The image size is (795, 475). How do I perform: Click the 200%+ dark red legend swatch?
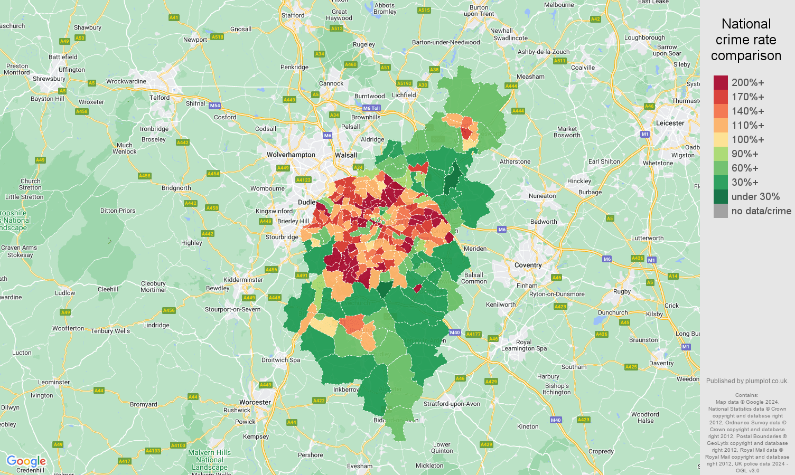click(721, 83)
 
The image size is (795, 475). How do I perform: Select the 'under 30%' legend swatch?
click(721, 197)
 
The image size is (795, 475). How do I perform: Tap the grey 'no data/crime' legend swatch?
click(721, 211)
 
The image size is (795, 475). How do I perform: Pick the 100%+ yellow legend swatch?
click(721, 140)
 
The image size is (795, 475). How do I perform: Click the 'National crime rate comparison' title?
click(746, 40)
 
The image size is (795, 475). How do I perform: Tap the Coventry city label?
click(528, 265)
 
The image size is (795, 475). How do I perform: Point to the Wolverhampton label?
click(291, 155)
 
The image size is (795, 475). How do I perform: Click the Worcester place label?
click(255, 402)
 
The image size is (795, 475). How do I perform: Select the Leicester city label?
click(670, 123)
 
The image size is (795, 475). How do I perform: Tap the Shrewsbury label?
click(49, 79)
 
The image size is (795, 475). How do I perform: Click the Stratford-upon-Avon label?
click(452, 404)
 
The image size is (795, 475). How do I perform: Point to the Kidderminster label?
click(243, 280)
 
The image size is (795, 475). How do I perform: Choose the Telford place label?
click(160, 98)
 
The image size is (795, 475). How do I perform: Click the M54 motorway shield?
click(214, 106)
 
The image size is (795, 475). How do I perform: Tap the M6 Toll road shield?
click(371, 108)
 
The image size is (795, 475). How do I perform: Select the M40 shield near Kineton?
click(555, 420)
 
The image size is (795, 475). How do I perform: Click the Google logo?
click(26, 461)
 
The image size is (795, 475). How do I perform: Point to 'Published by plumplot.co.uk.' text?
click(747, 381)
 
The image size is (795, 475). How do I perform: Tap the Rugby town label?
click(622, 291)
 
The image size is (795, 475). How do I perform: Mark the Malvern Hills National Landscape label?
click(209, 460)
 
